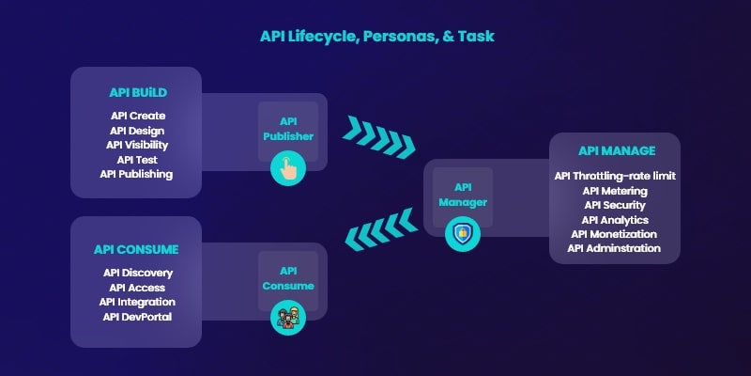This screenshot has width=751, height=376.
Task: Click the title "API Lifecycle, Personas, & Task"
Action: [377, 37]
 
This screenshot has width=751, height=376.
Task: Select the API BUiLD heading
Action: [138, 92]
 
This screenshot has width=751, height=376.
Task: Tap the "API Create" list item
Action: [138, 116]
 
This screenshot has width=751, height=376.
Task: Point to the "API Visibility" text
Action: [137, 145]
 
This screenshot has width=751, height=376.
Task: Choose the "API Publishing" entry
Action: [136, 174]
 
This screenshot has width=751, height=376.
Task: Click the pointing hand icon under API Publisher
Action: [288, 168]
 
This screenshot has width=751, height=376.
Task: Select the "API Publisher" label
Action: [288, 129]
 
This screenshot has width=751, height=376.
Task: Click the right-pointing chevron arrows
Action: [379, 136]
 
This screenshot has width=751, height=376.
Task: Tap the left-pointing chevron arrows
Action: [381, 229]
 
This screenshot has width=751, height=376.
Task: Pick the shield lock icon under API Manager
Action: [463, 234]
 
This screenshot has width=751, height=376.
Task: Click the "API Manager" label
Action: [463, 195]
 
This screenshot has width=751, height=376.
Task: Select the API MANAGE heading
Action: [617, 150]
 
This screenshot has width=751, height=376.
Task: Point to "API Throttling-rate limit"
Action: [615, 176]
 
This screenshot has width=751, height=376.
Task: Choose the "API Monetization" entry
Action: [614, 234]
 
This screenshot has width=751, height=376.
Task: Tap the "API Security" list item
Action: [615, 205]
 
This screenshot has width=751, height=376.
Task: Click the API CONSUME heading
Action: [136, 249]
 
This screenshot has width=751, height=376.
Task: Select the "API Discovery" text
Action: [138, 273]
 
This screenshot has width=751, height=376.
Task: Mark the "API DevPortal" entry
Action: [137, 317]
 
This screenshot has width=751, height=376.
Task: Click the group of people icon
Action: [288, 318]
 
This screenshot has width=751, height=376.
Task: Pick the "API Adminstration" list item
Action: [614, 248]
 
